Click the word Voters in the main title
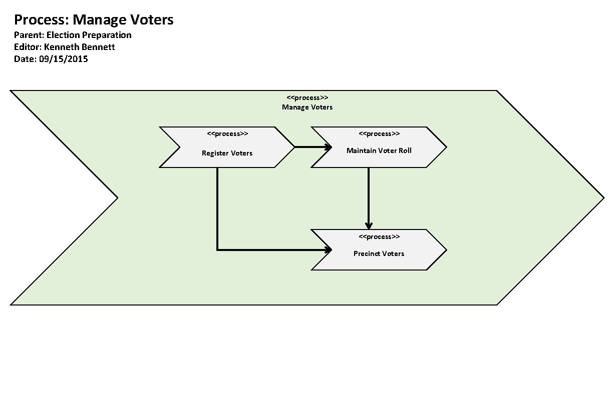pyautogui.click(x=150, y=20)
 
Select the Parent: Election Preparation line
pyautogui.click(x=73, y=35)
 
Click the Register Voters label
pyautogui.click(x=227, y=153)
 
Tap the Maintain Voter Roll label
pyautogui.click(x=379, y=150)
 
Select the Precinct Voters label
pyautogui.click(x=379, y=253)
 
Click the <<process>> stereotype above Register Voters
pyautogui.click(x=227, y=133)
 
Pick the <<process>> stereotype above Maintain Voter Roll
pyautogui.click(x=379, y=133)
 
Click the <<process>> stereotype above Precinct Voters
pyautogui.click(x=379, y=236)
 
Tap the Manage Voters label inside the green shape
pyautogui.click(x=307, y=107)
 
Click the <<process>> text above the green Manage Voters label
pyautogui.click(x=307, y=98)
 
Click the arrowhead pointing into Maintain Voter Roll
pyautogui.click(x=329, y=147)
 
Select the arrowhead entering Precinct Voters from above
pyautogui.click(x=369, y=225)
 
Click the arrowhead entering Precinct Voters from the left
pyautogui.click(x=329, y=249)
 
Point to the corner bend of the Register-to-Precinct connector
pyautogui.click(x=217, y=249)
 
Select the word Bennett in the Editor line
pyautogui.click(x=99, y=47)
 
